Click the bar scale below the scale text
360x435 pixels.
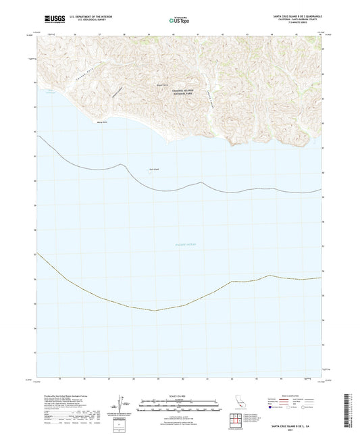pyautogui.click(x=179, y=403)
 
